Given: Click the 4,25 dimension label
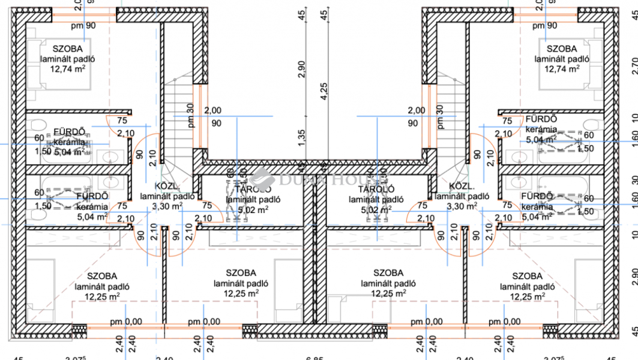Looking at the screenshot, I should click(324, 90).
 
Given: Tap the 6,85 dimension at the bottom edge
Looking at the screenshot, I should click(314, 358).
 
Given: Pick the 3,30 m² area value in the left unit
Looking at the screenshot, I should click(167, 206).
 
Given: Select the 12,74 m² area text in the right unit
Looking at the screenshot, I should click(562, 69).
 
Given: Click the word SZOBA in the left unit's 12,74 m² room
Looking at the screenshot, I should click(68, 49).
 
